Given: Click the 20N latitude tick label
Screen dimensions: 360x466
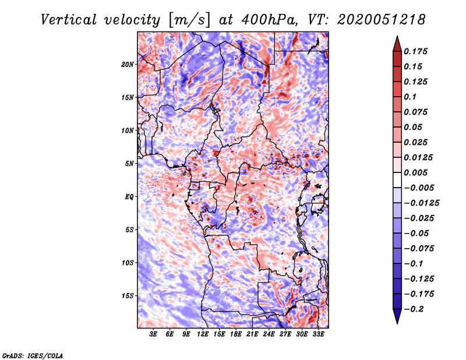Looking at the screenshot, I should coord(128,64).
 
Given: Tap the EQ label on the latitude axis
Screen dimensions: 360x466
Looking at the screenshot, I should coord(129,197).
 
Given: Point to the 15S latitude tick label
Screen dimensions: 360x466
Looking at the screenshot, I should coord(128,296).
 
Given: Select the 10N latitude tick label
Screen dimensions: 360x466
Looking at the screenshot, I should coord(128,130).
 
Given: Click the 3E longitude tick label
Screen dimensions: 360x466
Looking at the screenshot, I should coord(154,335).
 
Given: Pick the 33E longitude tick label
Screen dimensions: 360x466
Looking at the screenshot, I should coord(318,335).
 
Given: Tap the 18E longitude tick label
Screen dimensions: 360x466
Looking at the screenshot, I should coord(236,335).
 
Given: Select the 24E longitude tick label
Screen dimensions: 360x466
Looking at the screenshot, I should coord(269,335).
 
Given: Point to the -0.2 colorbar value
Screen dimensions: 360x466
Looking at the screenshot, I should coord(417,309).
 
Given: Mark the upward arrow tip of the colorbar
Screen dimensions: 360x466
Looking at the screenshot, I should coord(397,38).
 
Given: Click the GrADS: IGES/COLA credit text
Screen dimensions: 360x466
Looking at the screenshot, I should coord(32,355).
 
